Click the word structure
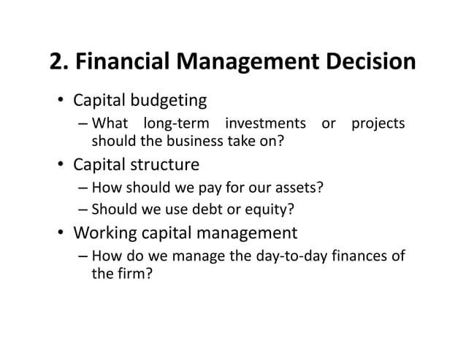pos(165,165)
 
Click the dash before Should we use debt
pos(83,211)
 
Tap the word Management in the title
pos(241,64)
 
